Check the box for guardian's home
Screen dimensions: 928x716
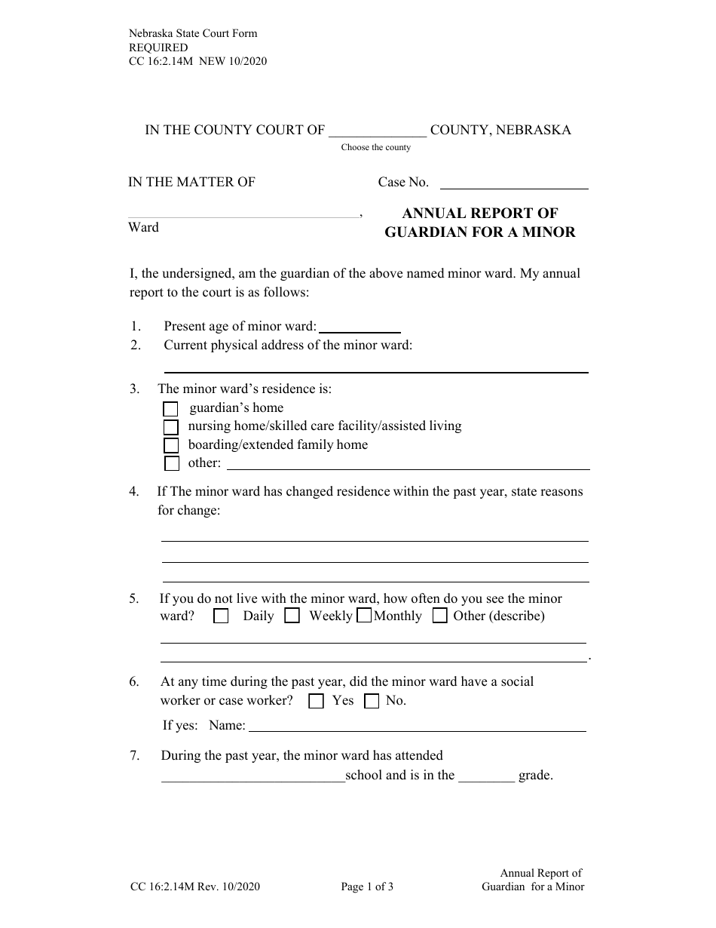pos(171,409)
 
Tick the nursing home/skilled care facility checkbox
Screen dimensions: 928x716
pos(171,427)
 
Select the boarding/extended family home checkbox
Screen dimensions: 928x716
pos(171,445)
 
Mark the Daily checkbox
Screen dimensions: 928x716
pos(221,616)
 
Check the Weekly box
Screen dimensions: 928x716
pos(292,616)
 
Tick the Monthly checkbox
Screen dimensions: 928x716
pos(363,616)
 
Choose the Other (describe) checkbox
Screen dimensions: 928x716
pos(440,616)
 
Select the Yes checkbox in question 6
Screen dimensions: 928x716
pos(317,701)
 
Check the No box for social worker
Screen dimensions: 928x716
pos(372,701)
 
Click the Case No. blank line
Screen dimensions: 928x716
pos(513,183)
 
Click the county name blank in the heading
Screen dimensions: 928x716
pos(378,131)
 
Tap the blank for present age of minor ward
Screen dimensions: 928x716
pos(360,327)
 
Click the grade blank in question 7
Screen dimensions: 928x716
pos(487,777)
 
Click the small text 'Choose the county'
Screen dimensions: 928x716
pos(376,147)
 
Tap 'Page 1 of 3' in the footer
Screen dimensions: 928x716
pos(367,887)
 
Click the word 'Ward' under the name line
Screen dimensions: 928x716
pos(143,227)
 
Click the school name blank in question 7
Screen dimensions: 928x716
pos(252,777)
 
